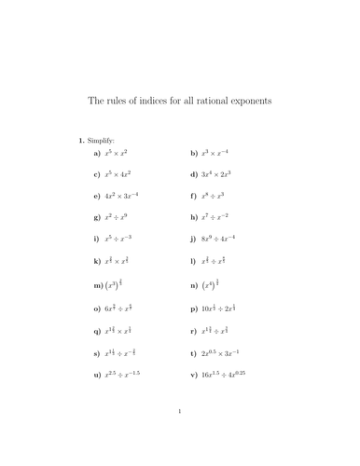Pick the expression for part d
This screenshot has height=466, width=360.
tap(223, 173)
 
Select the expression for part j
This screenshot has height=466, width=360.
tap(226, 240)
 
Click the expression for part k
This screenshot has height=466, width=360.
tap(124, 262)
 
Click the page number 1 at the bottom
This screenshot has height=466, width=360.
tap(180, 434)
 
